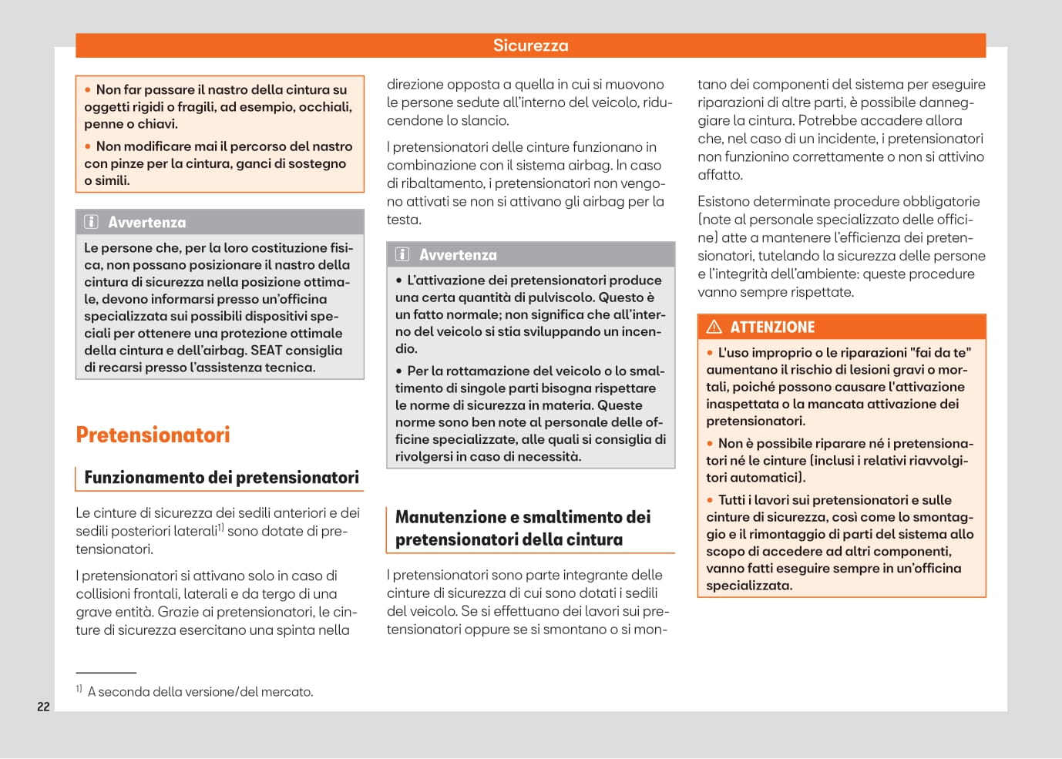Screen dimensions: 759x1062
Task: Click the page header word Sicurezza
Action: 530,45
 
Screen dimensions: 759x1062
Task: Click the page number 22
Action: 43,707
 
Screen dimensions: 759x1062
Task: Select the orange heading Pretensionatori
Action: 153,435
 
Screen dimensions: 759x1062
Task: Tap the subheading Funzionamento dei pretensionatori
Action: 221,478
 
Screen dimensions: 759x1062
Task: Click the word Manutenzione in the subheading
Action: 445,517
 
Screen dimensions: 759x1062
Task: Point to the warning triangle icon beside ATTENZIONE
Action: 714,327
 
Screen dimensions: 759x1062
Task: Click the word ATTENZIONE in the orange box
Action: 772,327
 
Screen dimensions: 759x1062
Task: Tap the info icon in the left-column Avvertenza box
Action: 91,222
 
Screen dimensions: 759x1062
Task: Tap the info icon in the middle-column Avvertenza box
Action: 402,254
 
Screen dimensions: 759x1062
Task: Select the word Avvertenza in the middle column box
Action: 458,255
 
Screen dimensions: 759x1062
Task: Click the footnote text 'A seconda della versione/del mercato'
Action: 200,692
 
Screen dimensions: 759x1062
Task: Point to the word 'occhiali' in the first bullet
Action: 327,107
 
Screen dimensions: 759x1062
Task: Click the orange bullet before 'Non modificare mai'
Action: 88,146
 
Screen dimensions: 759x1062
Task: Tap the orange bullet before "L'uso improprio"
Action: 710,353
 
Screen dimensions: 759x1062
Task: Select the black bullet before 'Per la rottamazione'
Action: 399,371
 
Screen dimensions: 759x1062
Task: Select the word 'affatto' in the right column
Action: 720,175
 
